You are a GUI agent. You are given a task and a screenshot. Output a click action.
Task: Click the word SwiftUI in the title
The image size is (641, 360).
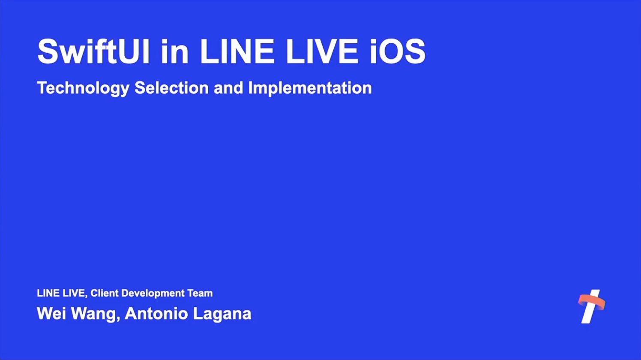tap(93, 52)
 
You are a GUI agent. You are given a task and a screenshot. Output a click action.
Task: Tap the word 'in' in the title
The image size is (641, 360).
tap(175, 52)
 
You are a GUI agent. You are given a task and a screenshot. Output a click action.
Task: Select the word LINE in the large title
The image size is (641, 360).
tap(237, 52)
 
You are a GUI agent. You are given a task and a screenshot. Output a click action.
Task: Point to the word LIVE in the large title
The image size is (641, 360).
tap(321, 52)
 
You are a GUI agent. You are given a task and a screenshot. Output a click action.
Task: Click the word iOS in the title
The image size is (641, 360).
tap(397, 52)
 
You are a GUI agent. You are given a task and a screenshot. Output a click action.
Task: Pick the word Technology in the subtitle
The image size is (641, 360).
tap(83, 88)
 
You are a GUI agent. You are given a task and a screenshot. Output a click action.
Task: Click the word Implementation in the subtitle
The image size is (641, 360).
tap(310, 88)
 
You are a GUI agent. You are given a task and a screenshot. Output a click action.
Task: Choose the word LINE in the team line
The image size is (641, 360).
tap(48, 293)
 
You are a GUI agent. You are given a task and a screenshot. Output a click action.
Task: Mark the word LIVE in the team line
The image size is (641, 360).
tap(74, 293)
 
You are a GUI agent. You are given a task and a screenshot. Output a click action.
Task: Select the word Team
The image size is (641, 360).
tap(200, 293)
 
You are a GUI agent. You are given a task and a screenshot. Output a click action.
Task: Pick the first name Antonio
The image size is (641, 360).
tap(156, 314)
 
